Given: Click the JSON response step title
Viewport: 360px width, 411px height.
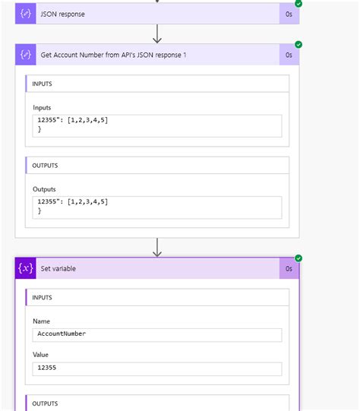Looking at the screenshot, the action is coord(62,14).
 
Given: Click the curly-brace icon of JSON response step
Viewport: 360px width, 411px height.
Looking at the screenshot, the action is coord(25,14).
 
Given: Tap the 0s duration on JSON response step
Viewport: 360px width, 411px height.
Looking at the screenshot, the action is coord(289,14).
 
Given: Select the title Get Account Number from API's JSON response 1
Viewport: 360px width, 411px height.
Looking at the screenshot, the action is coord(113,55).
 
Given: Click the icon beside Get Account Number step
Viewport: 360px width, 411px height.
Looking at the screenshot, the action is coord(25,55).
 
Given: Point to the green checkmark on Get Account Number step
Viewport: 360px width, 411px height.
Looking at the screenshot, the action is coord(298,45).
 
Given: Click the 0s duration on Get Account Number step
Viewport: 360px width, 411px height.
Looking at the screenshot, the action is coord(289,55).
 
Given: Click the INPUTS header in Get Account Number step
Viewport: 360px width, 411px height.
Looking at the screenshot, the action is coord(42,84).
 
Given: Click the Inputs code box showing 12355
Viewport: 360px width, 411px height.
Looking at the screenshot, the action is coord(157,126).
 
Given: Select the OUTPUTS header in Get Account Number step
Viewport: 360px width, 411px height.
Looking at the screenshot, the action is coord(45,166).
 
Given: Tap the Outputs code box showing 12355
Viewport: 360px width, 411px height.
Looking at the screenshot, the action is coord(157,207).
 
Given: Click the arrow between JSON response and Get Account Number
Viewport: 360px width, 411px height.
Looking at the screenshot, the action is coord(157,34).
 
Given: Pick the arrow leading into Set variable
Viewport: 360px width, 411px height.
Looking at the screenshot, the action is coord(157,248).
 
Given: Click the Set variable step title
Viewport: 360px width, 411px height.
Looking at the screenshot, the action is coord(58,269).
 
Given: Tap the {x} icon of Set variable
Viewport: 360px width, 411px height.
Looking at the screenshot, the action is coord(25,268).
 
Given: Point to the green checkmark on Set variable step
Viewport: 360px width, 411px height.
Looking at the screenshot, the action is coord(298,258).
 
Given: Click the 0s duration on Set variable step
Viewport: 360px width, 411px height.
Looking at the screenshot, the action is coord(289,269).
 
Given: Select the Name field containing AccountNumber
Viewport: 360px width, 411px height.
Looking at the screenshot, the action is coord(157,335).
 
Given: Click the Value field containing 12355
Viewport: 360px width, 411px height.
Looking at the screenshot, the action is coord(157,369).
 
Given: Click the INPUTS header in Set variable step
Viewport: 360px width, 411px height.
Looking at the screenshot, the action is coord(42,298).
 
